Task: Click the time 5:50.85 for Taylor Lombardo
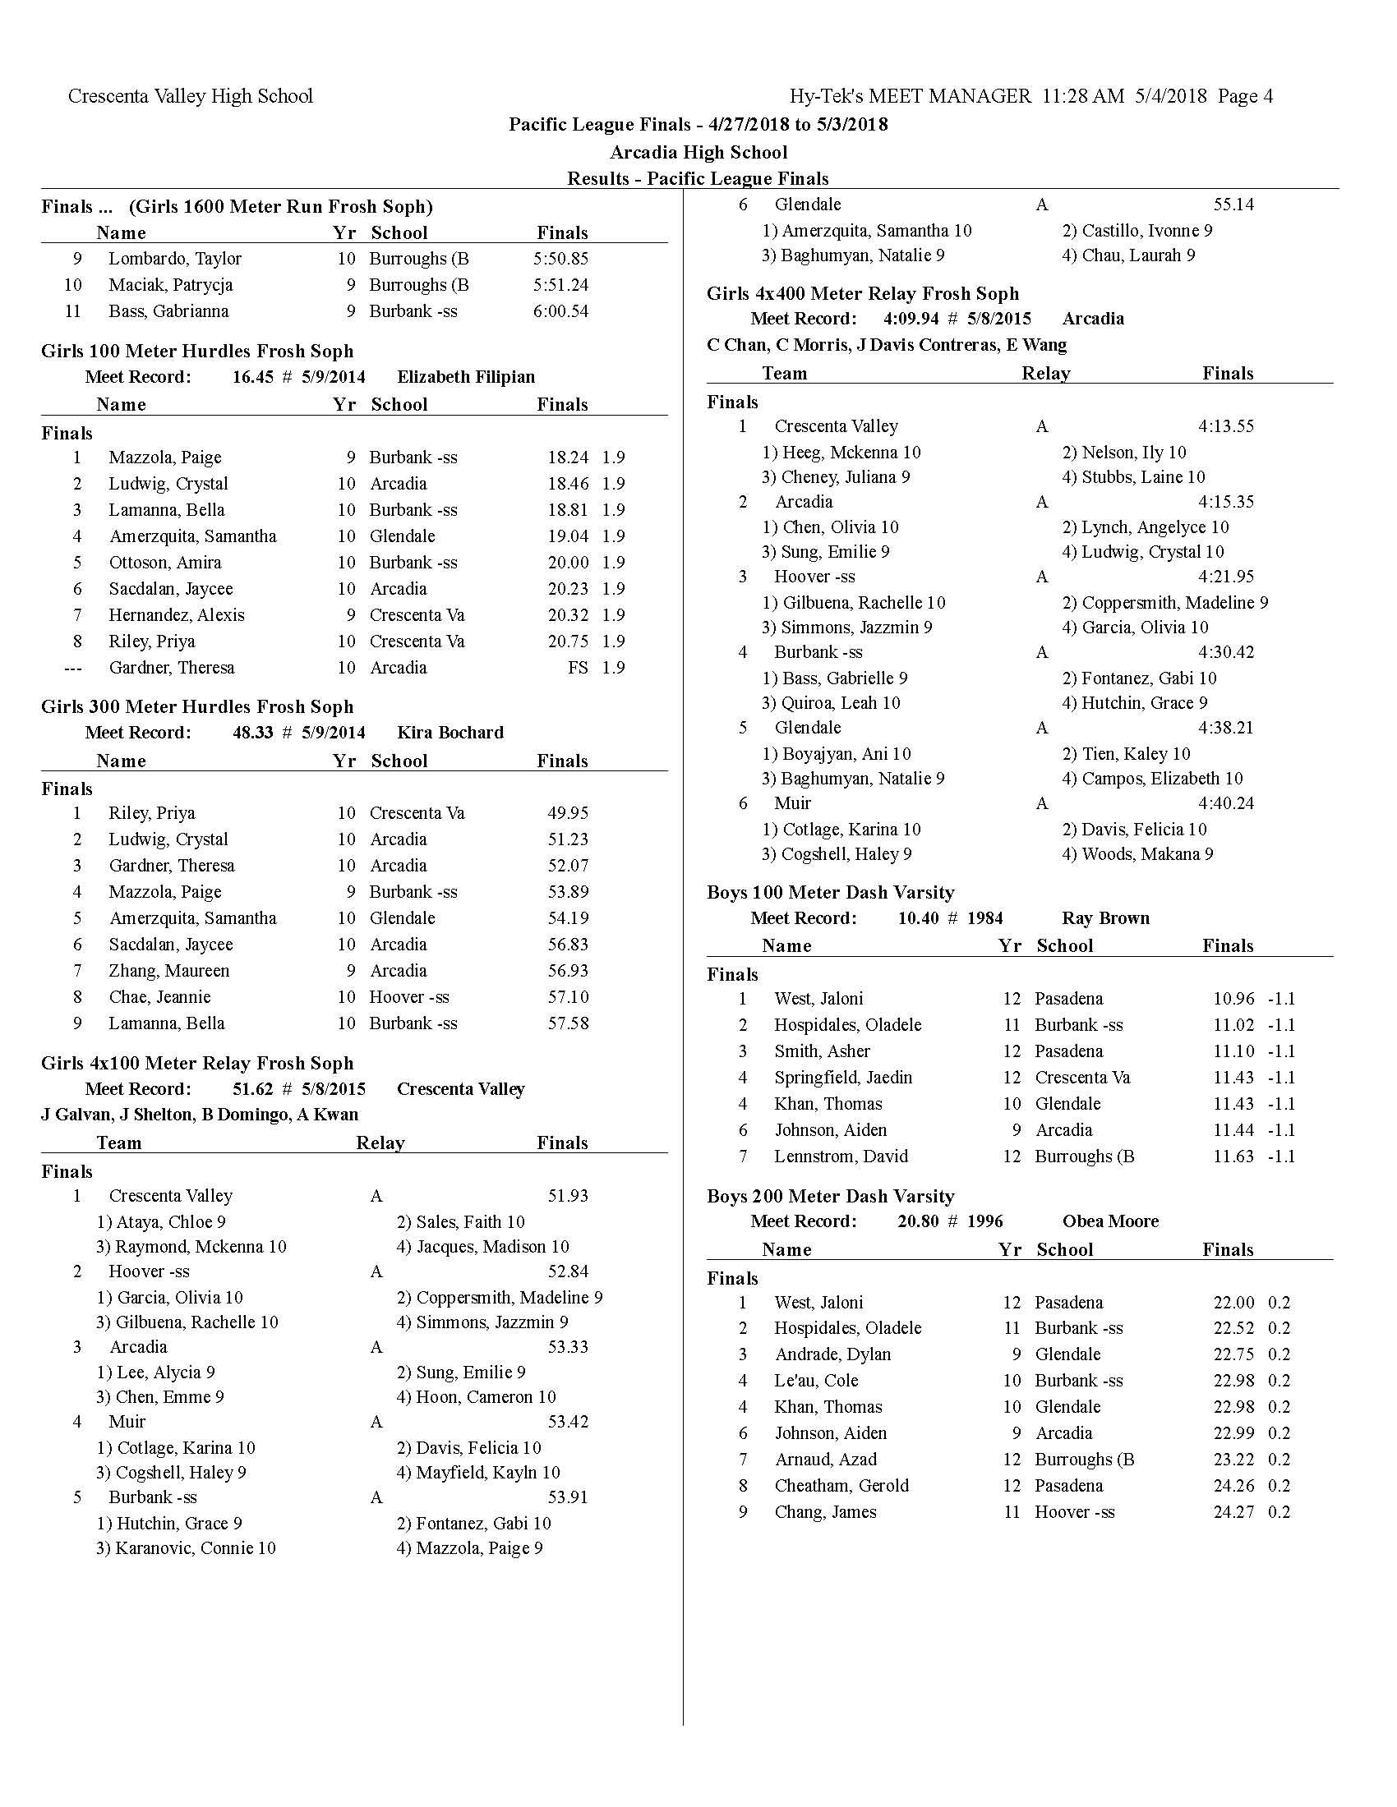click(x=560, y=259)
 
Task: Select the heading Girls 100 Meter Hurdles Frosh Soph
click(x=197, y=351)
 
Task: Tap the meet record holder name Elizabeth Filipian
click(x=466, y=377)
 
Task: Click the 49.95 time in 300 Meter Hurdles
click(x=568, y=813)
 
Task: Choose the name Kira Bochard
click(x=450, y=733)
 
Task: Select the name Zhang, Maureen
click(x=168, y=971)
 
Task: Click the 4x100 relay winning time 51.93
click(x=568, y=1196)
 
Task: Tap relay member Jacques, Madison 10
click(x=483, y=1247)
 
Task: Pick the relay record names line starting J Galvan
click(x=200, y=1115)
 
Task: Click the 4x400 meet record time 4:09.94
click(x=911, y=320)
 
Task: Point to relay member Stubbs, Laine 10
click(x=1134, y=477)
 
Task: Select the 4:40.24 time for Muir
click(x=1226, y=803)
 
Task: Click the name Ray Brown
click(x=1105, y=918)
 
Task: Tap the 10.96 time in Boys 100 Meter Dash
click(x=1233, y=999)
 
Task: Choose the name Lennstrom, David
click(x=841, y=1156)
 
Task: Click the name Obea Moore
click(x=1110, y=1221)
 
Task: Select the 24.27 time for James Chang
click(x=1233, y=1512)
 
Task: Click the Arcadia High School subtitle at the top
click(x=698, y=152)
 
